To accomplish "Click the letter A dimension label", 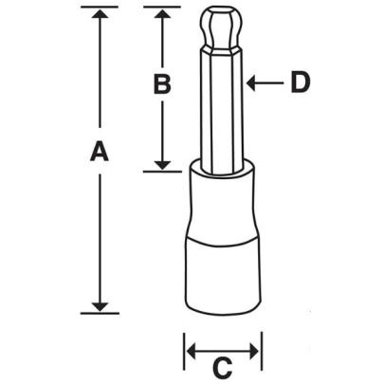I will (96, 152).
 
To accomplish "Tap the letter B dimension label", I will (162, 84).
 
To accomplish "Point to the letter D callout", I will (300, 83).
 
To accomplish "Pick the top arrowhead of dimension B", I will (162, 14).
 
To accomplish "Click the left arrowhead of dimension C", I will (191, 353).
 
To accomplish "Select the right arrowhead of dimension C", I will (254, 353).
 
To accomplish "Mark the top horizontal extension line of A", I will (94, 8).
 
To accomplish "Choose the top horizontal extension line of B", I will (161, 8).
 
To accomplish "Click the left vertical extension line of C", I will (184, 351).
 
